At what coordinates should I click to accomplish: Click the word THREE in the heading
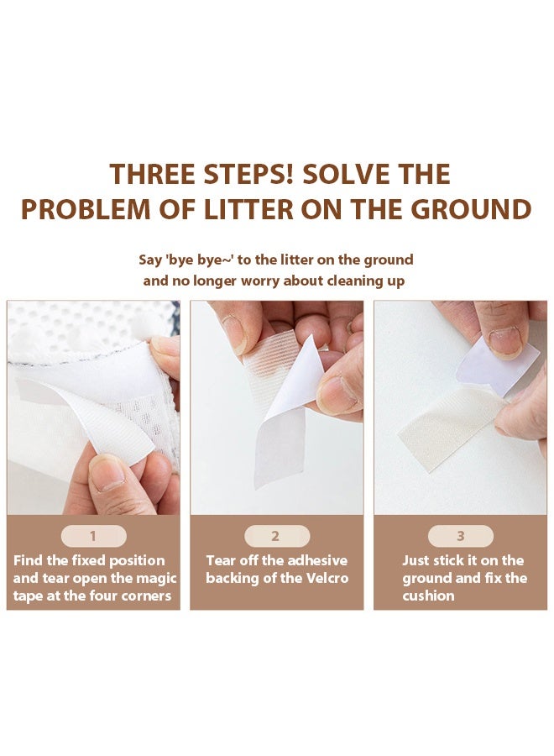[x=153, y=174]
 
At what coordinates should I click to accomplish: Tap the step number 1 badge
[x=93, y=536]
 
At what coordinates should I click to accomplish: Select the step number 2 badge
[x=276, y=536]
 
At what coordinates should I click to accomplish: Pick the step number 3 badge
[x=461, y=536]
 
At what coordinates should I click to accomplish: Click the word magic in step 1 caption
[x=158, y=579]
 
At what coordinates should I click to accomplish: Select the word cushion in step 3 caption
[x=428, y=596]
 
